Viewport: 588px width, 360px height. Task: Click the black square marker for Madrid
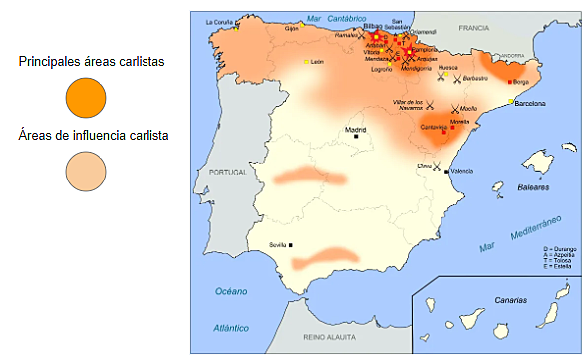click(356, 137)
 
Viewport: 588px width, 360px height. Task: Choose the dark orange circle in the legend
click(85, 98)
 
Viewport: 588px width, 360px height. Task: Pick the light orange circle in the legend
click(85, 171)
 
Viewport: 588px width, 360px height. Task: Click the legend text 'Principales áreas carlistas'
click(91, 62)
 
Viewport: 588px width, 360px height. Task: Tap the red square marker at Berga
click(509, 82)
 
